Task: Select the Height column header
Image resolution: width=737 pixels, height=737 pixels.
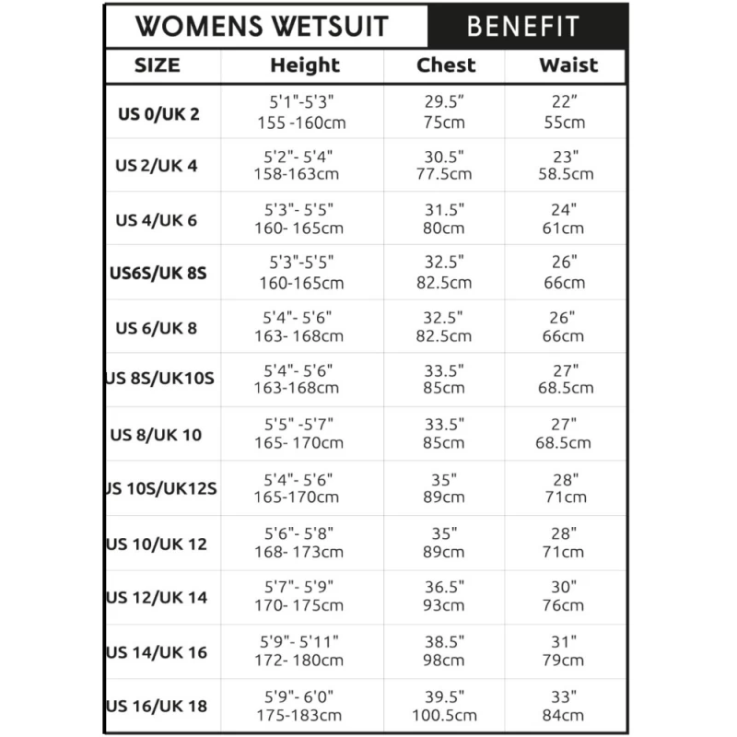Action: [x=304, y=65]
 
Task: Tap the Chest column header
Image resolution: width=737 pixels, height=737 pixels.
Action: [x=446, y=65]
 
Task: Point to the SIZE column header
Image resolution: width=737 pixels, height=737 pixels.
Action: [x=158, y=65]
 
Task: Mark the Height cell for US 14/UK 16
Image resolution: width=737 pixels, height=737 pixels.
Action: [x=298, y=650]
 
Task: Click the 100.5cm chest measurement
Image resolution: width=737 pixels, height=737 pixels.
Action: [x=446, y=715]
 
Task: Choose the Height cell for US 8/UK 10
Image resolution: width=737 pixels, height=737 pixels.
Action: [x=298, y=434]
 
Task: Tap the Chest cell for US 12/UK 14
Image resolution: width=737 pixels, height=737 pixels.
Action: [x=446, y=596]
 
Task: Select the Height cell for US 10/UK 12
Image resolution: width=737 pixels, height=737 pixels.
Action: [x=298, y=543]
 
